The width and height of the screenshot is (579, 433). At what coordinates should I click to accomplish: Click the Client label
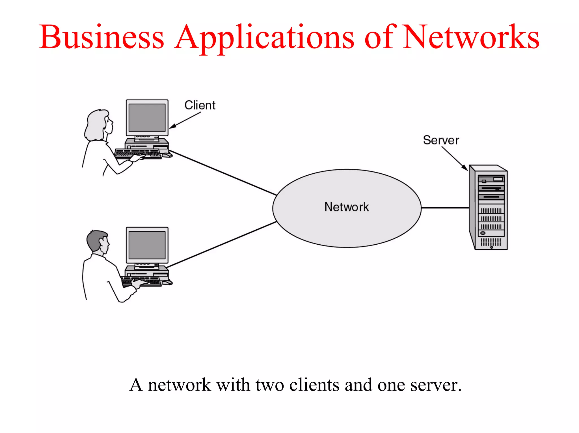(x=200, y=105)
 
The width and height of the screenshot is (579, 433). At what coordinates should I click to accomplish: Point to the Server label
(x=441, y=140)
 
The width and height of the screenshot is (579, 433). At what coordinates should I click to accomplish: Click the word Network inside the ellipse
(x=347, y=207)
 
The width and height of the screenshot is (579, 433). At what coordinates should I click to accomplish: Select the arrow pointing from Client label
(x=185, y=120)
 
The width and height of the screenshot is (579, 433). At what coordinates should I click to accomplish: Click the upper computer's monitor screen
(x=147, y=117)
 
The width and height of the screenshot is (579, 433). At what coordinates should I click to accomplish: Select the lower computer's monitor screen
(x=147, y=245)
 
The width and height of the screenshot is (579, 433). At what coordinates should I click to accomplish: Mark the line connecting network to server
(x=445, y=208)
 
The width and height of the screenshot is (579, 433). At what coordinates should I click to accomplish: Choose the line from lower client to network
(x=222, y=244)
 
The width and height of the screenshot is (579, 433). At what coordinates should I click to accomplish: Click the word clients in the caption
(x=314, y=385)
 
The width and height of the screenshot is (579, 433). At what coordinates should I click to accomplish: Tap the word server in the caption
(x=435, y=385)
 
